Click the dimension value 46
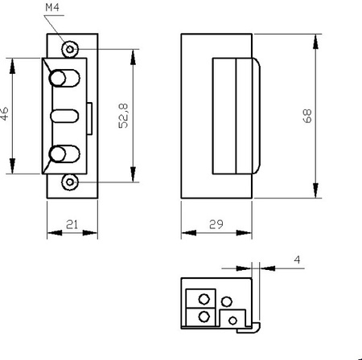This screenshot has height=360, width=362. coord(5,115)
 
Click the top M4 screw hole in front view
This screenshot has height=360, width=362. coord(71,48)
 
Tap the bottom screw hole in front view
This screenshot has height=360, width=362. coord(71,182)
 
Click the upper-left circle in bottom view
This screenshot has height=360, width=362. coord(204,299)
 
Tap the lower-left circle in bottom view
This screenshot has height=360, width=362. coord(204,317)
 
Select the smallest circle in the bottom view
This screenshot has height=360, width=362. coord(233,321)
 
